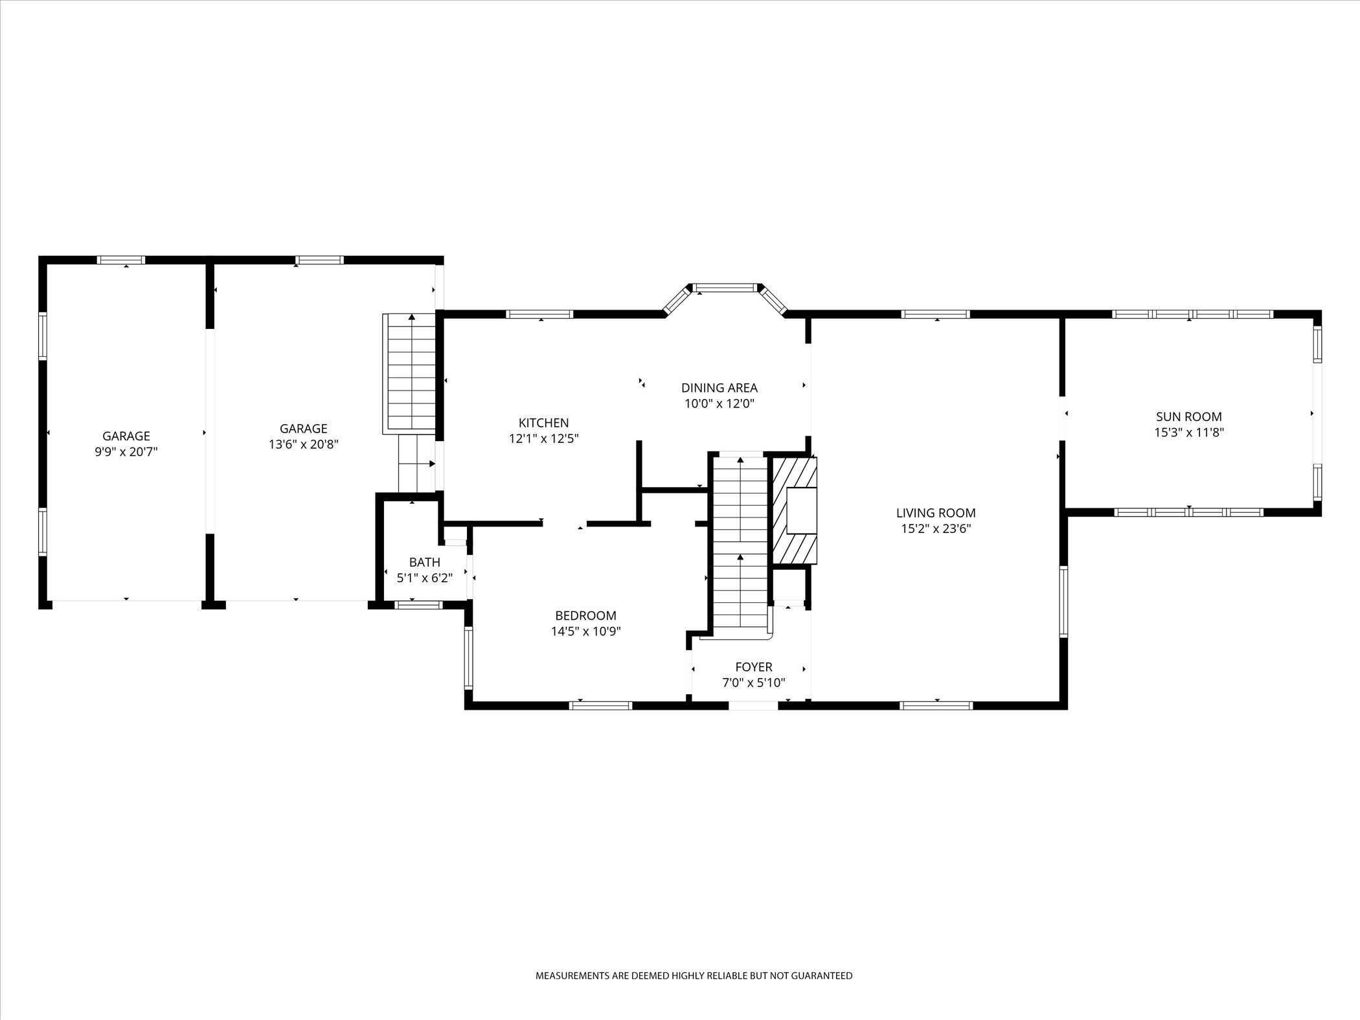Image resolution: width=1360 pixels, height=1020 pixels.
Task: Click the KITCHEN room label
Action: tap(543, 423)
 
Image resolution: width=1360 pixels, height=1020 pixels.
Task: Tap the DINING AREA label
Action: tap(719, 388)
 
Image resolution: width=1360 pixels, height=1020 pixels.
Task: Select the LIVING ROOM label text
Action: tap(936, 513)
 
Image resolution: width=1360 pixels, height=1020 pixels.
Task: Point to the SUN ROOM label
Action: tap(1189, 417)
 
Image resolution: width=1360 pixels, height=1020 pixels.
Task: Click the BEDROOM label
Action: tap(585, 616)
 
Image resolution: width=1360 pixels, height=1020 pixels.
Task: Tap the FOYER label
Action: tap(753, 667)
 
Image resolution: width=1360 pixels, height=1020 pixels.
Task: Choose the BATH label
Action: tap(424, 562)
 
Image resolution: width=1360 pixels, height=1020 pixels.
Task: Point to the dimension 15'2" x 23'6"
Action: tap(936, 528)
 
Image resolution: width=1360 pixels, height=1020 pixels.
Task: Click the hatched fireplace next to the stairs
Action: tap(794, 510)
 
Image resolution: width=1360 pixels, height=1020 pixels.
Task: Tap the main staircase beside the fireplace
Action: tap(740, 544)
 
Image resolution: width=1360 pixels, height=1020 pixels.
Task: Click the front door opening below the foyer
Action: tap(753, 706)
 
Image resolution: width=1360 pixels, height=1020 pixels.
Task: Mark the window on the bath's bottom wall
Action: tap(418, 605)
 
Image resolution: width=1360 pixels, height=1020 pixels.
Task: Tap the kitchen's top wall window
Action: tap(539, 314)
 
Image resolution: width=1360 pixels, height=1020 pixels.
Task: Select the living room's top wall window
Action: tap(936, 314)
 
